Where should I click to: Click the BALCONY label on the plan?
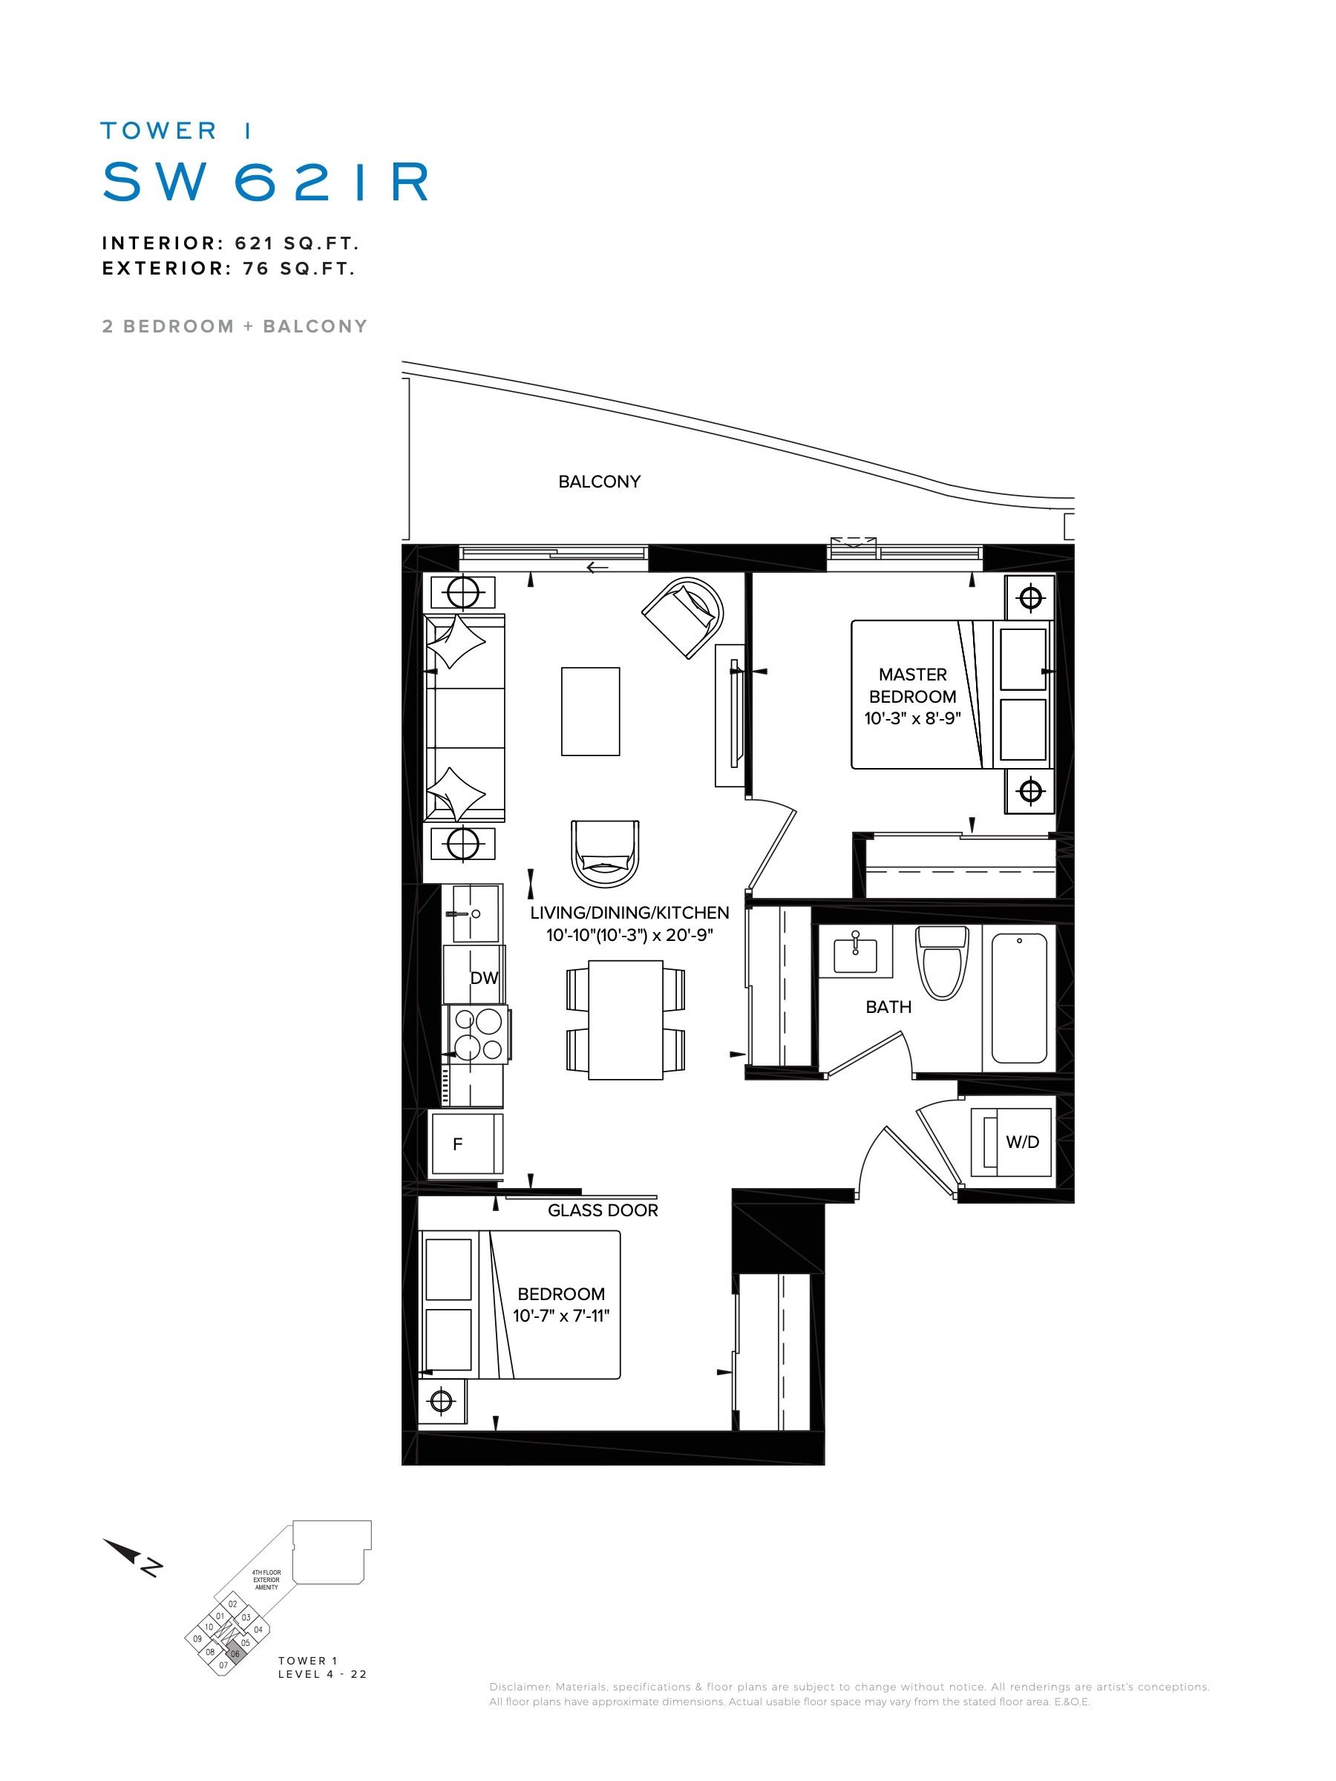click(x=599, y=482)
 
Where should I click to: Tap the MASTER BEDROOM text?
click(x=912, y=685)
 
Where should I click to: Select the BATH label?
click(x=888, y=1006)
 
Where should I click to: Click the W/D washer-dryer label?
click(x=1022, y=1142)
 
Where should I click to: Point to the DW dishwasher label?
click(x=484, y=977)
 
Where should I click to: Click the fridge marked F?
click(x=466, y=1144)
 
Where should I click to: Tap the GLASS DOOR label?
click(x=603, y=1210)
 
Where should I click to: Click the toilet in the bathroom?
click(x=942, y=962)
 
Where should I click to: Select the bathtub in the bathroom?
click(x=1019, y=998)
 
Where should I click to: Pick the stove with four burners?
click(x=478, y=1034)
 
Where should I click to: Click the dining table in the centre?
click(x=626, y=1020)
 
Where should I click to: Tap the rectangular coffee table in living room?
click(x=590, y=711)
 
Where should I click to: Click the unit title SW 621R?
click(x=266, y=181)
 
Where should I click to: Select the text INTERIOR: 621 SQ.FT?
click(x=230, y=243)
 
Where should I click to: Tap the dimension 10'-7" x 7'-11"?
click(x=561, y=1316)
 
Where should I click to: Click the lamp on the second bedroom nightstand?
click(x=442, y=1402)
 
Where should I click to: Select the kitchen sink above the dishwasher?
click(x=476, y=913)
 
